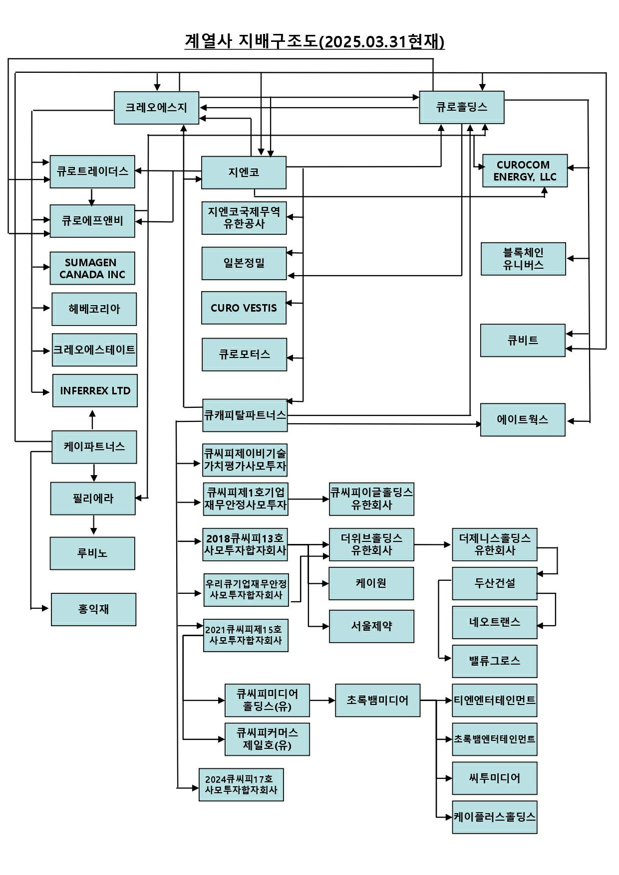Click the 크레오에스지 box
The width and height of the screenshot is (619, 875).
(x=156, y=108)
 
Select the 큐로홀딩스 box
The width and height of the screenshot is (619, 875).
(x=461, y=107)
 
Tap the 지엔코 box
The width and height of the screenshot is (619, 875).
(x=244, y=173)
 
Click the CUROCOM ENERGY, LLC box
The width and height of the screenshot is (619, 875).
(x=525, y=171)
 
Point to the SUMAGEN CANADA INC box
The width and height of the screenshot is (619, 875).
(x=92, y=268)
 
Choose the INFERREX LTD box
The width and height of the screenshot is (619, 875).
(x=95, y=391)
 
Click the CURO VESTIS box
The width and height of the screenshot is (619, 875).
(x=244, y=308)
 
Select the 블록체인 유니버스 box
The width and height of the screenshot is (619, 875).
(x=523, y=259)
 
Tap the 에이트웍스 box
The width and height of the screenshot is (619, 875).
(x=523, y=420)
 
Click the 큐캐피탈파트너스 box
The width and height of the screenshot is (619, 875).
(x=245, y=415)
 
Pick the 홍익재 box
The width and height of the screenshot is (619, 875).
(x=93, y=609)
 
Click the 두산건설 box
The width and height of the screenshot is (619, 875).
(x=494, y=583)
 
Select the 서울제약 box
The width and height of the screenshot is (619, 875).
(x=371, y=626)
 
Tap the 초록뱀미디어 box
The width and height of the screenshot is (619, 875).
(x=377, y=700)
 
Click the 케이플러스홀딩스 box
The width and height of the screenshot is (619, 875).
(x=494, y=817)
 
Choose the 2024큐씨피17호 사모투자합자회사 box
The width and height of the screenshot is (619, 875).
(x=241, y=785)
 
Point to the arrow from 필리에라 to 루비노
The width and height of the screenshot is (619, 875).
(x=93, y=525)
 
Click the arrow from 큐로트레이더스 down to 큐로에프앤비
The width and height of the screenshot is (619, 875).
(x=91, y=196)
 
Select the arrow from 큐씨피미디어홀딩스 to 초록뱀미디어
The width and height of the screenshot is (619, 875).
(x=322, y=700)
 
